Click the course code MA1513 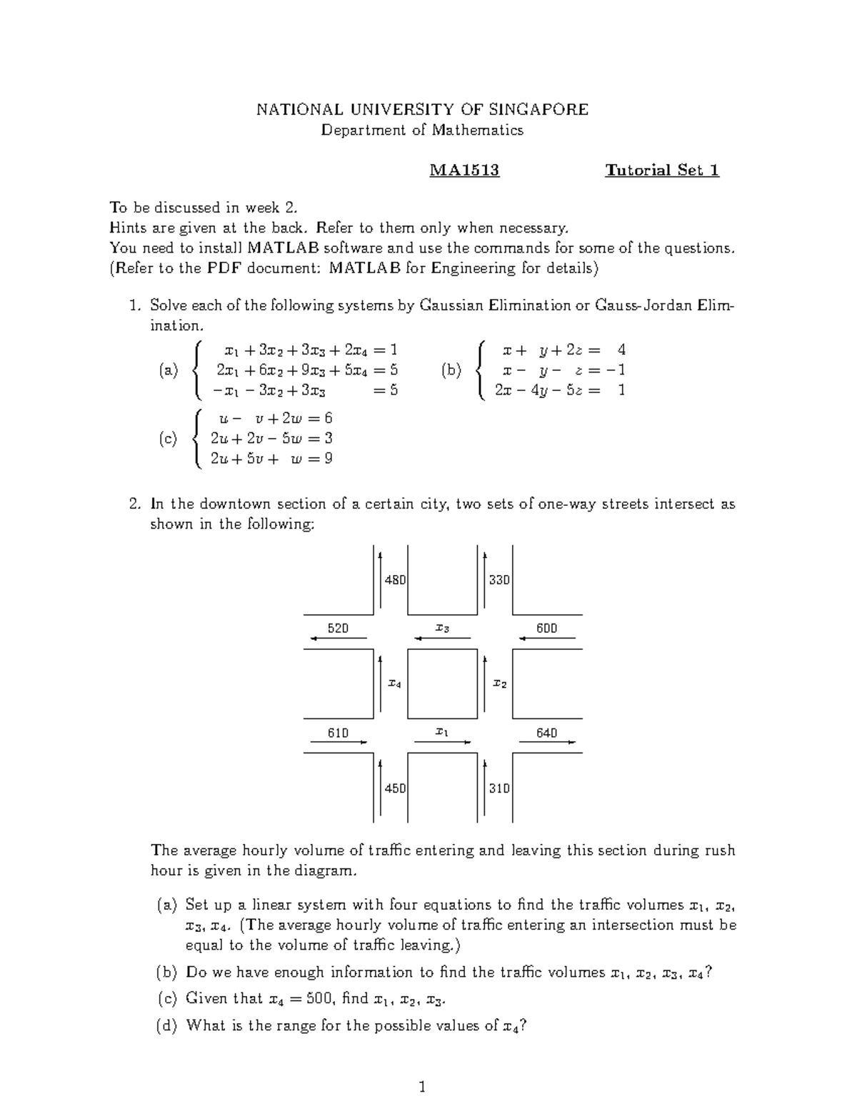pyautogui.click(x=463, y=171)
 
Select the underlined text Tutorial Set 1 pyautogui.click(x=662, y=171)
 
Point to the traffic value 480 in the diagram pyautogui.click(x=395, y=580)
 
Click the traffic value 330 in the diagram pyautogui.click(x=499, y=580)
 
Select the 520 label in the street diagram pyautogui.click(x=338, y=629)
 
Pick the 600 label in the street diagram pyautogui.click(x=546, y=629)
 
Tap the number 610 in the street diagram pyautogui.click(x=338, y=733)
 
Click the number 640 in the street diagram pyautogui.click(x=546, y=733)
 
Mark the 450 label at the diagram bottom pyautogui.click(x=395, y=788)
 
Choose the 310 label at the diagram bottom pyautogui.click(x=499, y=788)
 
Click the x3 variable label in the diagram pyautogui.click(x=442, y=629)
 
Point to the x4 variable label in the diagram pyautogui.click(x=394, y=683)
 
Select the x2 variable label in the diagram pyautogui.click(x=500, y=683)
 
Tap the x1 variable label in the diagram pyautogui.click(x=442, y=733)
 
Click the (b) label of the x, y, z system pyautogui.click(x=451, y=370)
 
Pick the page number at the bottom pyautogui.click(x=422, y=1087)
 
